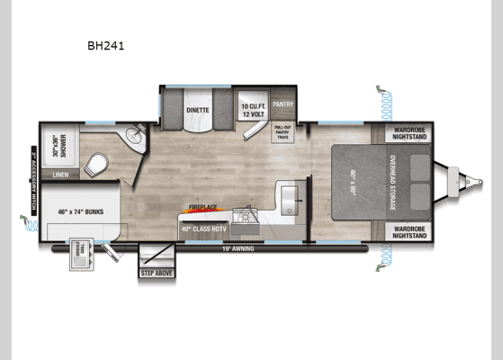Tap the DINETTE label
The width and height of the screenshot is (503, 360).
point(198,110)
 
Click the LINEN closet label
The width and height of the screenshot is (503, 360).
point(60,174)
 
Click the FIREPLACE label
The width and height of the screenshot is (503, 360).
point(203,207)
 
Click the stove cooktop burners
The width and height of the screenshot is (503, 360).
point(244,216)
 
